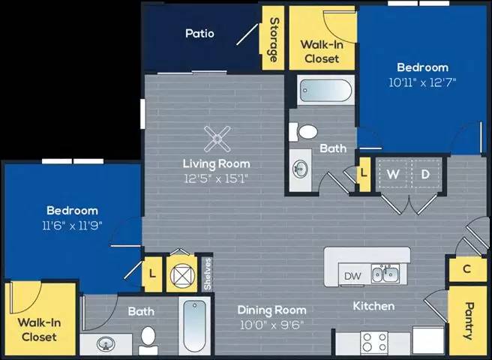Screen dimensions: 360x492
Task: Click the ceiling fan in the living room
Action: pyautogui.click(x=217, y=138)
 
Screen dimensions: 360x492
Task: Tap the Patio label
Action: pyautogui.click(x=200, y=34)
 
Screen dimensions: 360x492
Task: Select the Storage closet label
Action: pyautogui.click(x=274, y=39)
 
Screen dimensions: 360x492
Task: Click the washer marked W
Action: pyautogui.click(x=391, y=175)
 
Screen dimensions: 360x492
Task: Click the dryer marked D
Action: pyautogui.click(x=424, y=175)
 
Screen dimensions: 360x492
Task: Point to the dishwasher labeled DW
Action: pyautogui.click(x=352, y=275)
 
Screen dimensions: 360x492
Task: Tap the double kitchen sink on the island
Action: pyautogui.click(x=384, y=274)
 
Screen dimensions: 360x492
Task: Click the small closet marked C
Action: pyautogui.click(x=466, y=268)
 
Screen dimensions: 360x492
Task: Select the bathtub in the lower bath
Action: pyautogui.click(x=194, y=325)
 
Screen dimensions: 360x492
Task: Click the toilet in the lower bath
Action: pyautogui.click(x=148, y=339)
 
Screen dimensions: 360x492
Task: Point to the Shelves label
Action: pyautogui.click(x=208, y=273)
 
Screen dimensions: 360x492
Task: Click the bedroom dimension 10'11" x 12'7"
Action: pyautogui.click(x=422, y=81)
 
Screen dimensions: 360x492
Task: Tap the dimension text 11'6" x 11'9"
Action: pyautogui.click(x=73, y=224)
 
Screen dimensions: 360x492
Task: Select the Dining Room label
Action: pyautogui.click(x=271, y=310)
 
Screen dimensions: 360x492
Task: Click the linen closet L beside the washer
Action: pyautogui.click(x=364, y=172)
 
